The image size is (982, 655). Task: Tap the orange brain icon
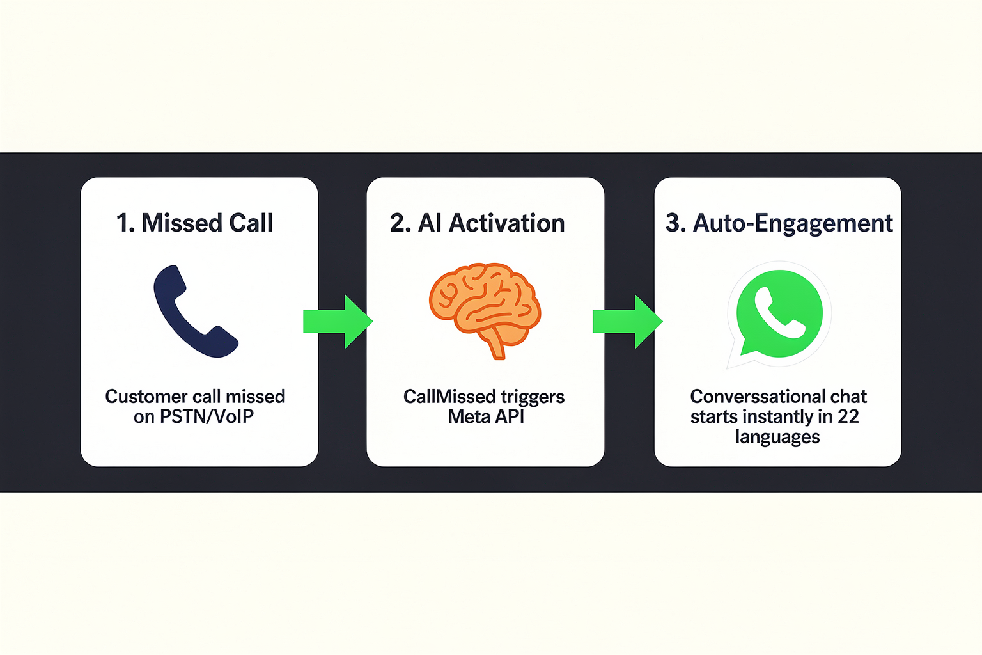(x=485, y=307)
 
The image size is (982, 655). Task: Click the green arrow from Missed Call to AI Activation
(x=338, y=322)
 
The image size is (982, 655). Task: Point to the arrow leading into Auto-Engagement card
(x=627, y=322)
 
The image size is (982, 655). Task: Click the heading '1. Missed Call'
(x=194, y=223)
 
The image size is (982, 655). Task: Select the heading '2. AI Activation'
(x=477, y=223)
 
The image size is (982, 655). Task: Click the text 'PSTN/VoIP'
(x=207, y=416)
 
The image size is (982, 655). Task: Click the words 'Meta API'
(x=486, y=416)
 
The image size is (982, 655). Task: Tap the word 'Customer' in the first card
(x=141, y=397)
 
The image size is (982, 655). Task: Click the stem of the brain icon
(x=496, y=344)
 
